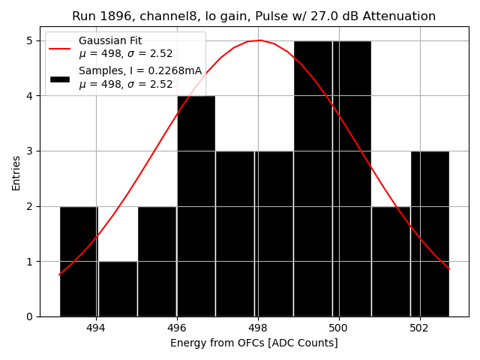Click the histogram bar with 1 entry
(118, 289)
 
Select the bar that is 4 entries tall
(196, 206)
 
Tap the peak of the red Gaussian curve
(260, 40)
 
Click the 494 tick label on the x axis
(96, 328)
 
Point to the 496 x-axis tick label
(177, 328)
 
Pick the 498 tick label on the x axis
(258, 328)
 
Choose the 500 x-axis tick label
(339, 328)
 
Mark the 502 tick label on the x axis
(419, 328)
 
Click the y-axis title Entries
(16, 172)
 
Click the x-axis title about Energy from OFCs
(254, 343)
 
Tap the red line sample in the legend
(60, 48)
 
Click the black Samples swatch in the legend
(60, 78)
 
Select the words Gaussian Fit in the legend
(109, 41)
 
